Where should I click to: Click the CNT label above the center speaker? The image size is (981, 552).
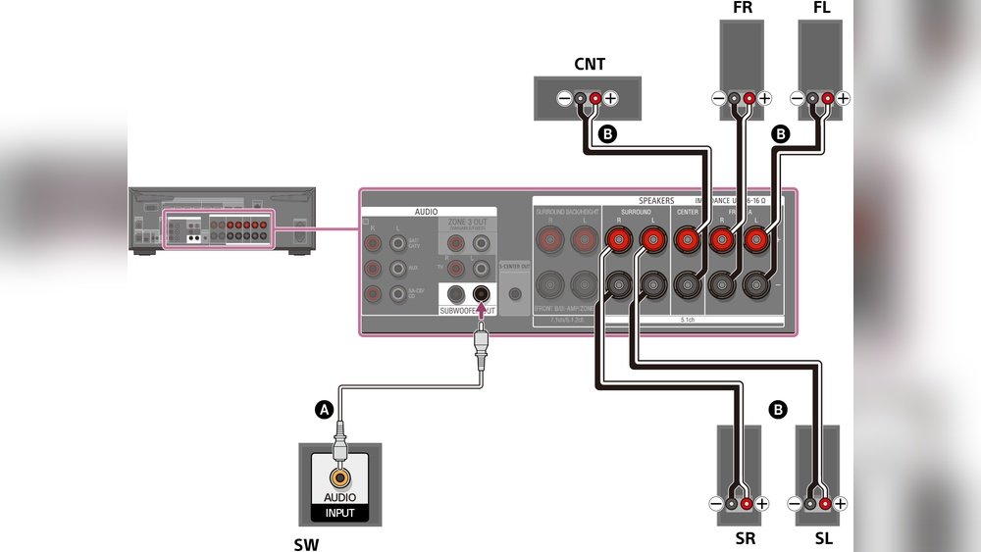click(x=590, y=65)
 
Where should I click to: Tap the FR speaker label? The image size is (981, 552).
click(x=743, y=9)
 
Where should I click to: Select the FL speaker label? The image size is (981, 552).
click(x=821, y=9)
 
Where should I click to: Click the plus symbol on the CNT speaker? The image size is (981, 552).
click(x=610, y=99)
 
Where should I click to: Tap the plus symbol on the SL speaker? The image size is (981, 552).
click(x=841, y=504)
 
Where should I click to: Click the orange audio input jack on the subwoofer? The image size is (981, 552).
click(x=339, y=478)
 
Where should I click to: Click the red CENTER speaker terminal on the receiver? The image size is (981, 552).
click(x=688, y=238)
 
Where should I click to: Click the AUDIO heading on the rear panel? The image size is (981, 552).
click(x=426, y=211)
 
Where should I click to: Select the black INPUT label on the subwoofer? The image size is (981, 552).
click(x=339, y=512)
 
